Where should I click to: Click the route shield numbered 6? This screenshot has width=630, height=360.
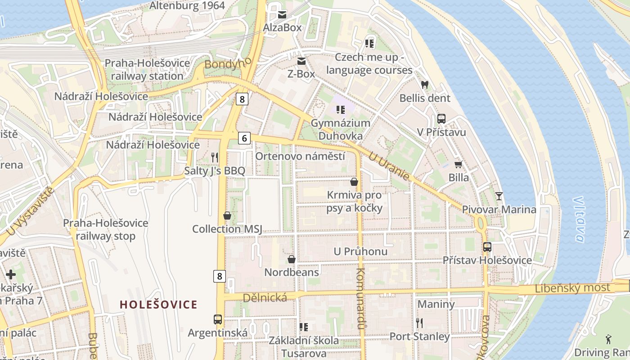(x=244, y=138)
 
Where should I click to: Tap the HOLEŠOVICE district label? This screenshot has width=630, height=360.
(x=158, y=305)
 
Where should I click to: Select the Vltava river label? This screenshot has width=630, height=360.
(x=579, y=219)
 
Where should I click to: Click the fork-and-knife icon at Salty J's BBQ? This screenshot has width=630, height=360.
(x=215, y=157)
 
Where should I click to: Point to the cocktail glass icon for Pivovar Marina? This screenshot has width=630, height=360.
(x=499, y=196)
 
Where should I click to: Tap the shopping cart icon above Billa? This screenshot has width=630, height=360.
(x=459, y=164)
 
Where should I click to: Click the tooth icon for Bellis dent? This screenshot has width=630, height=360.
(x=424, y=85)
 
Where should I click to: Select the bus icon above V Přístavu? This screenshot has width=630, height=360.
(x=441, y=119)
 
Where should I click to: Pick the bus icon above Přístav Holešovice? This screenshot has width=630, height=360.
(x=487, y=247)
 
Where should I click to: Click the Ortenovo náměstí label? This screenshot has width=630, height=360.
(x=300, y=156)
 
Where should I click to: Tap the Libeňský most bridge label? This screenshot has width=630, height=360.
(x=572, y=288)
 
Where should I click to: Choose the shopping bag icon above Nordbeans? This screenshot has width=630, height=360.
(x=292, y=259)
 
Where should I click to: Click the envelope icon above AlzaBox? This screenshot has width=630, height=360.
(x=282, y=14)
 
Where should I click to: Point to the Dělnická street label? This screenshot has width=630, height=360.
(x=265, y=297)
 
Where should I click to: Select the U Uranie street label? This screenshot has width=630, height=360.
(x=389, y=166)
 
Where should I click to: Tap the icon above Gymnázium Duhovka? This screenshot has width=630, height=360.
(x=341, y=109)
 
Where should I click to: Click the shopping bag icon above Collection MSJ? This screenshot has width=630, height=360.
(x=227, y=216)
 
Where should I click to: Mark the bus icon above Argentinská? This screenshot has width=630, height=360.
(x=218, y=319)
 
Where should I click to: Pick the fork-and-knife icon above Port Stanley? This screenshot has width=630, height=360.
(x=419, y=323)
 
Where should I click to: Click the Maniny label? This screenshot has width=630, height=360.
(x=436, y=304)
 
